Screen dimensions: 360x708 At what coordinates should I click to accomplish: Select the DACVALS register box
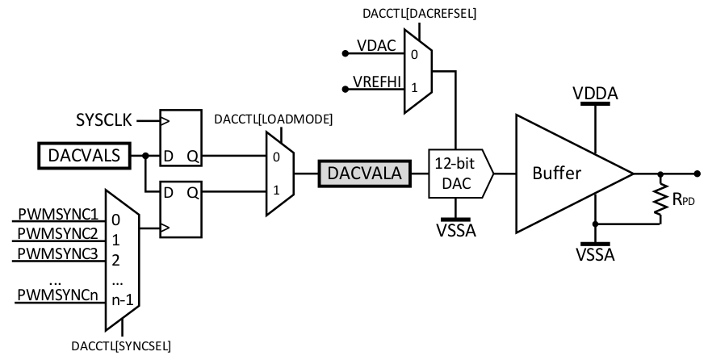pos(84,155)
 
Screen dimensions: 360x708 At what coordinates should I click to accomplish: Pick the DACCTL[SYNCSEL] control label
pos(121,346)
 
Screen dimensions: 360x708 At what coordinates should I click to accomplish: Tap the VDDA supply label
pos(596,93)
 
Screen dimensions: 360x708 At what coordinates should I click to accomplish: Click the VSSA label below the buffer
pos(596,256)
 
